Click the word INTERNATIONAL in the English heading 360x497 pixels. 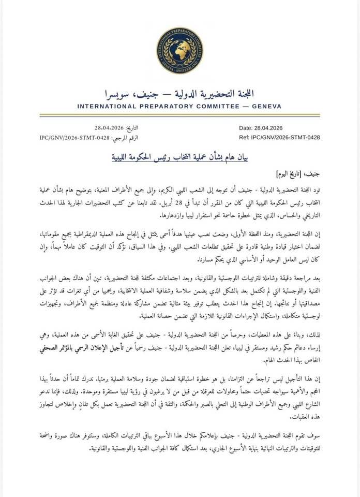(111, 106)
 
